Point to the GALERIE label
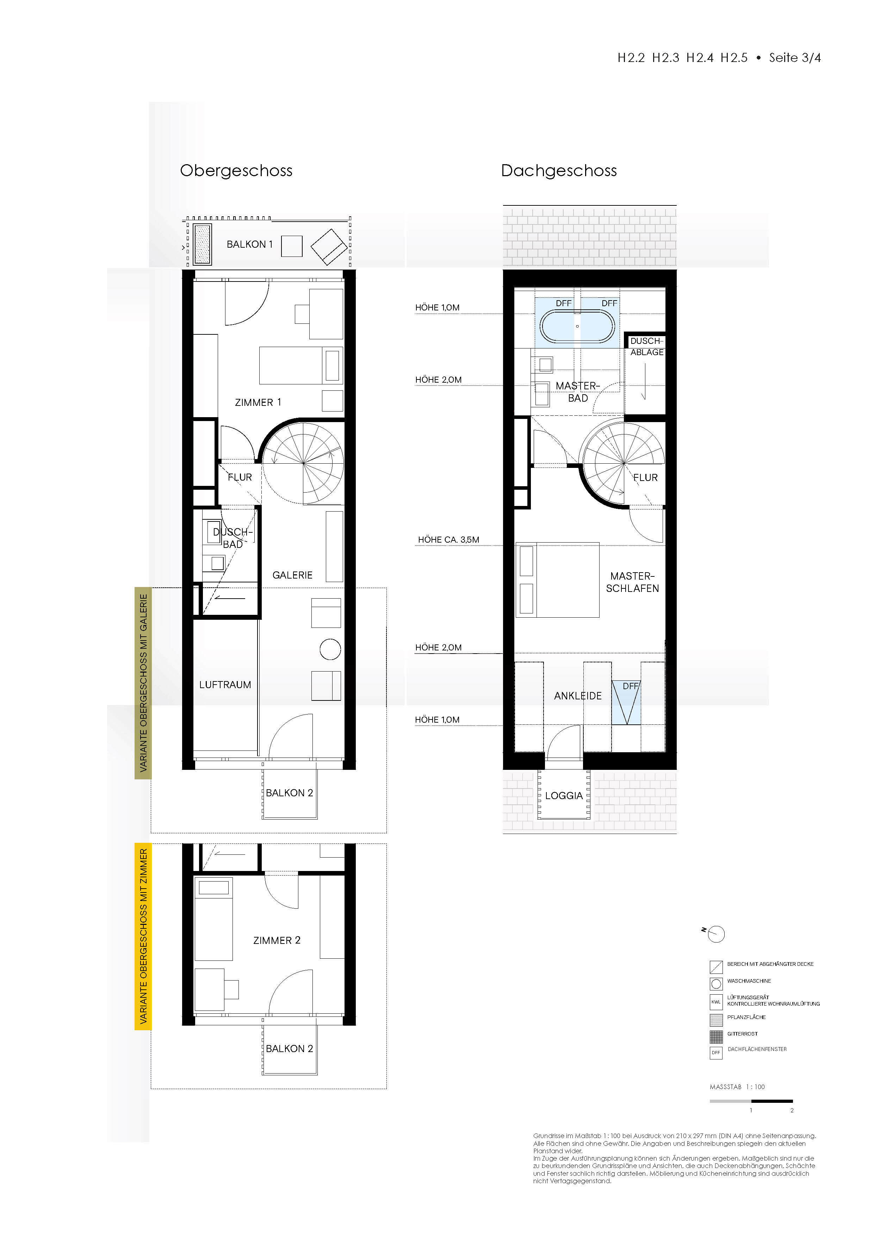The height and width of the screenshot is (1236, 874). pos(292,575)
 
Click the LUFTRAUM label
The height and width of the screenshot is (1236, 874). pos(225,685)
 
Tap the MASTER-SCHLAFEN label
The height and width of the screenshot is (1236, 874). pos(632,582)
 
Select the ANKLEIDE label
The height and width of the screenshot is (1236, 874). pos(577,696)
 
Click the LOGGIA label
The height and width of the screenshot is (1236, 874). pos(564,796)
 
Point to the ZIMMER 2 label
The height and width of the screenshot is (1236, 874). pos(277,940)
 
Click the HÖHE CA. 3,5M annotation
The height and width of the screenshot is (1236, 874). pos(448,539)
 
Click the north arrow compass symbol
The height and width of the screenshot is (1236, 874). pos(716,934)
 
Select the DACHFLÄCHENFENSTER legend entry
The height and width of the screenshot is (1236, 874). pos(757,1049)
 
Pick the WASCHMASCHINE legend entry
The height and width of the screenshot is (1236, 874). pos(749,981)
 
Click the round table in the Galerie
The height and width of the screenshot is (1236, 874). pos(330,649)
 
